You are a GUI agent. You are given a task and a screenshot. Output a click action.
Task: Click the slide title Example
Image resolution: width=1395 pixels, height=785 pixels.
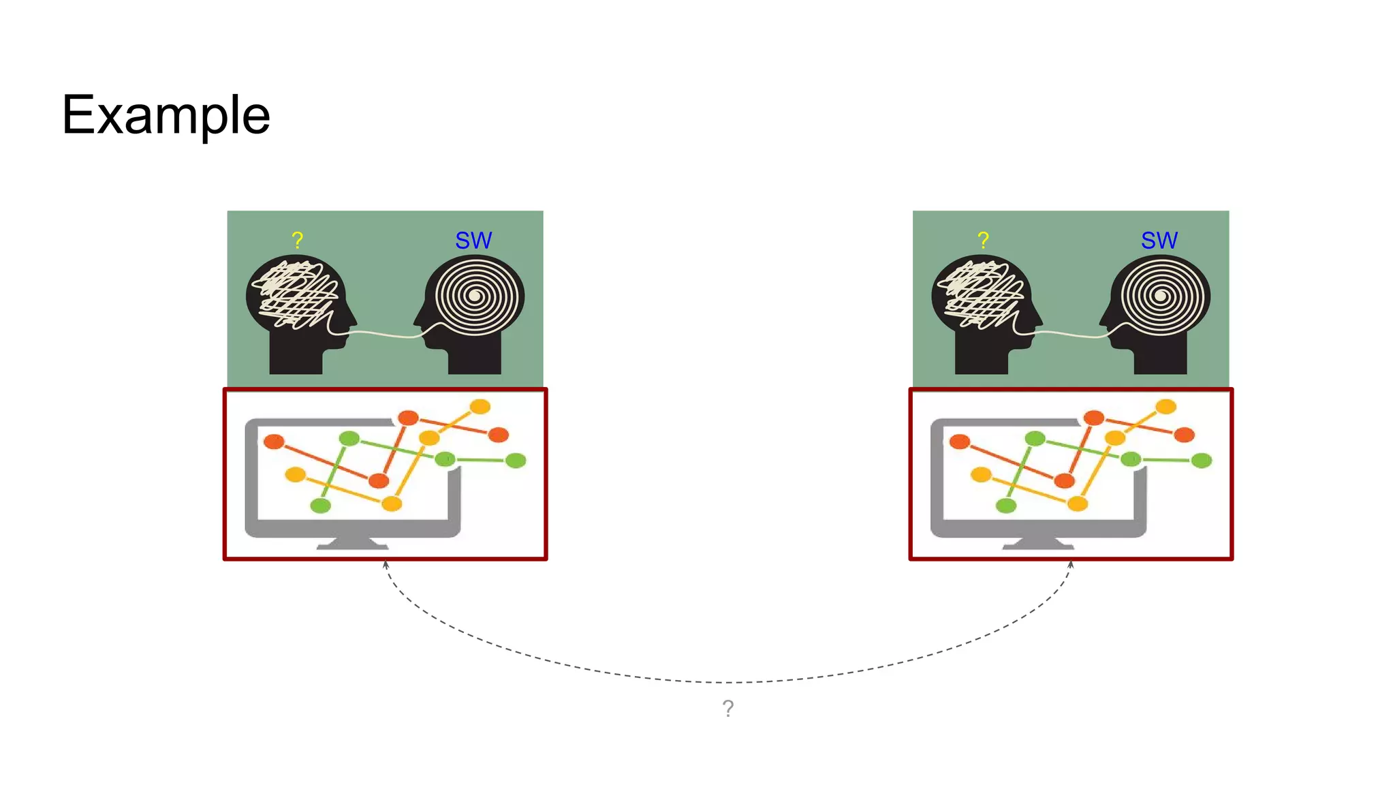pyautogui.click(x=166, y=114)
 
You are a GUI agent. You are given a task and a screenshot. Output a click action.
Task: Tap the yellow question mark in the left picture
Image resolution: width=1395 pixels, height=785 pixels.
pyautogui.click(x=297, y=240)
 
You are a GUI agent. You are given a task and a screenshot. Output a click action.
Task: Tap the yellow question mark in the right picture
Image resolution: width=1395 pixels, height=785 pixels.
pyautogui.click(x=983, y=240)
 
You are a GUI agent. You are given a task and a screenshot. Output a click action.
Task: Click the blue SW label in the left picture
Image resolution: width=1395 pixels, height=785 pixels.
pyautogui.click(x=473, y=241)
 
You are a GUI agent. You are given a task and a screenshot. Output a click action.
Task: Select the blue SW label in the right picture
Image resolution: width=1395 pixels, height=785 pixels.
pyautogui.click(x=1159, y=241)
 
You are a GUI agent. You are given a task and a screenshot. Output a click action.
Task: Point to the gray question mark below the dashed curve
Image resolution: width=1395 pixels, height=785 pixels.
pyautogui.click(x=728, y=709)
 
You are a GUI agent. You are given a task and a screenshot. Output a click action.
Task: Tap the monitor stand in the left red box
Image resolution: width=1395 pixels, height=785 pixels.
pyautogui.click(x=353, y=542)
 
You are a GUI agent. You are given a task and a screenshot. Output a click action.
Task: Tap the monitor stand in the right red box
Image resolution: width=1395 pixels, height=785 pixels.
pyautogui.click(x=1039, y=542)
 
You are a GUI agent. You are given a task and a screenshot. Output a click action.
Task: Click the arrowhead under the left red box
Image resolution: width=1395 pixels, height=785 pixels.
pyautogui.click(x=386, y=565)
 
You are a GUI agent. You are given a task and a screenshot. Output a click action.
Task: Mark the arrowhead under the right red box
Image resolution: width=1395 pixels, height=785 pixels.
pyautogui.click(x=1071, y=565)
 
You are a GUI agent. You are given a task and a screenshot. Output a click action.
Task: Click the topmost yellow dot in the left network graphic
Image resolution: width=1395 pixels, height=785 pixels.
pyautogui.click(x=480, y=407)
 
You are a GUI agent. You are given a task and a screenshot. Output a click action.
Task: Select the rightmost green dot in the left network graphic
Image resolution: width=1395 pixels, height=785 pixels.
pyautogui.click(x=516, y=461)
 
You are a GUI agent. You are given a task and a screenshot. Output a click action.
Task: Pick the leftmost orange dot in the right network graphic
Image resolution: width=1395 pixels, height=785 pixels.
pyautogui.click(x=960, y=442)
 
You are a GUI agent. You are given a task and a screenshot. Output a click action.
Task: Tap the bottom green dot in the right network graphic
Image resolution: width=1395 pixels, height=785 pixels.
pyautogui.click(x=1006, y=505)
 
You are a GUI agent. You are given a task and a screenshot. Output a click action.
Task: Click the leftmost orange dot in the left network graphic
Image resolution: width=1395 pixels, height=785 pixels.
pyautogui.click(x=274, y=442)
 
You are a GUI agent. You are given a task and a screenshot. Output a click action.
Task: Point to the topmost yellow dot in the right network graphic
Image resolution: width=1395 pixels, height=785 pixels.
pyautogui.click(x=1166, y=407)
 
